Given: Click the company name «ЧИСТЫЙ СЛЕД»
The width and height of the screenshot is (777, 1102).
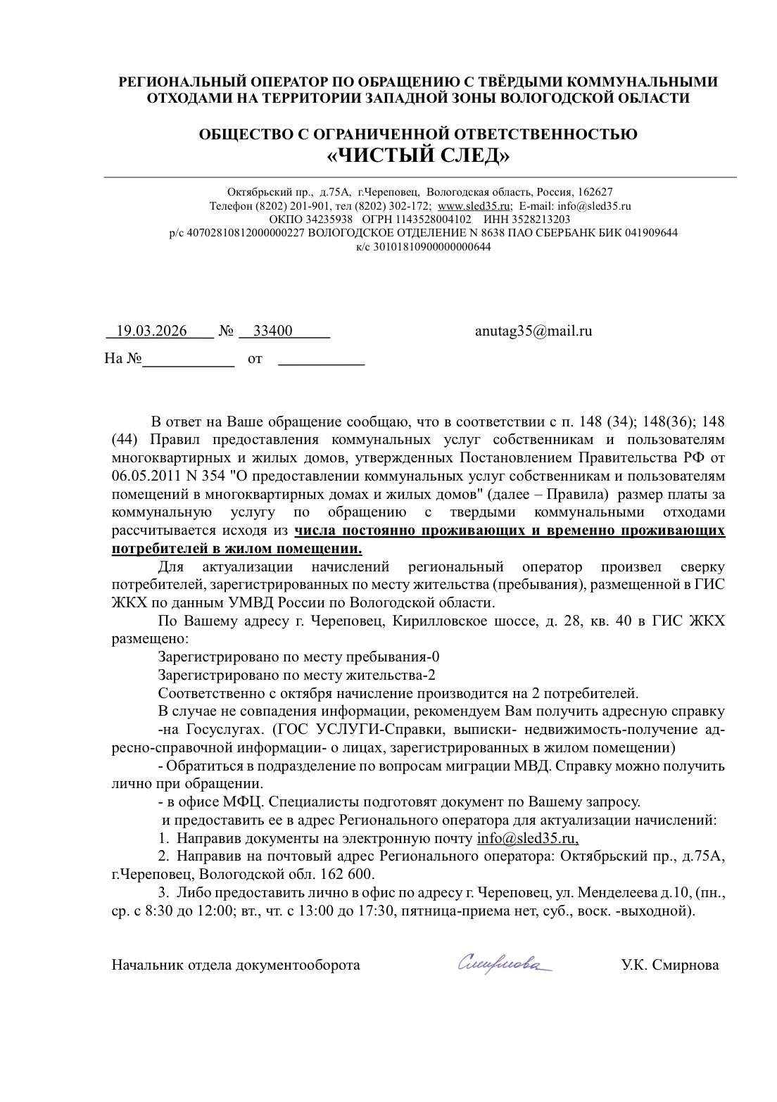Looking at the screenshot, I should [x=418, y=156].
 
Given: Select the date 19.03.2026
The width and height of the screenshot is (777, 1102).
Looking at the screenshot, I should [x=151, y=331].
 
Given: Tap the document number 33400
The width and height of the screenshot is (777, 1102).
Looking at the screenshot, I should [x=272, y=331].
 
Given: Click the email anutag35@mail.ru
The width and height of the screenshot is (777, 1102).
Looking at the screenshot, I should [x=533, y=331].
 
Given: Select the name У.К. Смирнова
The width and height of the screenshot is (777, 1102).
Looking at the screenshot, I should [x=669, y=965].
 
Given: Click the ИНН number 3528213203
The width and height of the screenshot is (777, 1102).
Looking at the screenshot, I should [x=541, y=220].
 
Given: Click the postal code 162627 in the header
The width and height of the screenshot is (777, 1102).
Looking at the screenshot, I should [x=597, y=192].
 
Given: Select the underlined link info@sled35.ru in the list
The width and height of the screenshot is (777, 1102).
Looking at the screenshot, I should [x=527, y=838].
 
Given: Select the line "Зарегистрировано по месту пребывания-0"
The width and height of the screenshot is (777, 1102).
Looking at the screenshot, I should [x=298, y=657].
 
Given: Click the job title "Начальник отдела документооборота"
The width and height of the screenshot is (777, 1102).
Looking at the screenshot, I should [x=236, y=965].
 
